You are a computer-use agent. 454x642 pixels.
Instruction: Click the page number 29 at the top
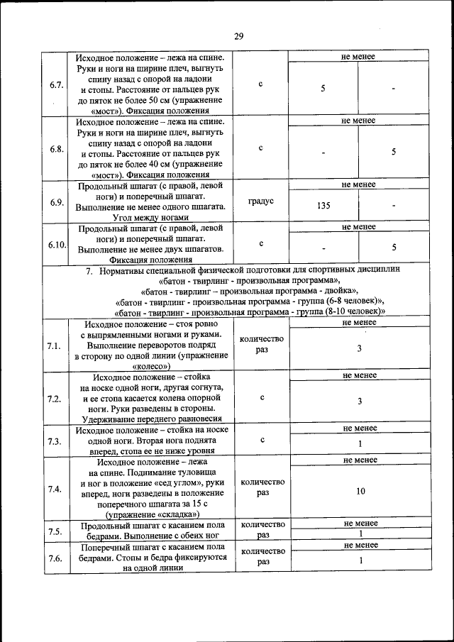238,38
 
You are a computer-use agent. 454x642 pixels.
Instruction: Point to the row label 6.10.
57,245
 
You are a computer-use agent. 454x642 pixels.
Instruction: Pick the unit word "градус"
261,201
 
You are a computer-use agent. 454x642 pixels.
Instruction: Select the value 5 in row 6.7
323,89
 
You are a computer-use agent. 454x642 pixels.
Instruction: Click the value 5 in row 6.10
394,248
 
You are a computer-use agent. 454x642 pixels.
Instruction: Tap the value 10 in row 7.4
360,491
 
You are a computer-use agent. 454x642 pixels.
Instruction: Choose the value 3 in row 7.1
360,348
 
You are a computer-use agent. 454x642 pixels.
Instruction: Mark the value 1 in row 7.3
360,444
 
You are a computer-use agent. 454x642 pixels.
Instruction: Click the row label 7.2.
55,399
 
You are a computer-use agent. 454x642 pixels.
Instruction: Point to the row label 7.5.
55,531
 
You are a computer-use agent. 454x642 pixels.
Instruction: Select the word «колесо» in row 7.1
154,366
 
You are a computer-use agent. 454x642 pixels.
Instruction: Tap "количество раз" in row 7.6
262,556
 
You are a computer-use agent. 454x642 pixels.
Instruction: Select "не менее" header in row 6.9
359,184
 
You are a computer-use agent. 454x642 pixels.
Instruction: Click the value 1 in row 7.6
360,560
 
